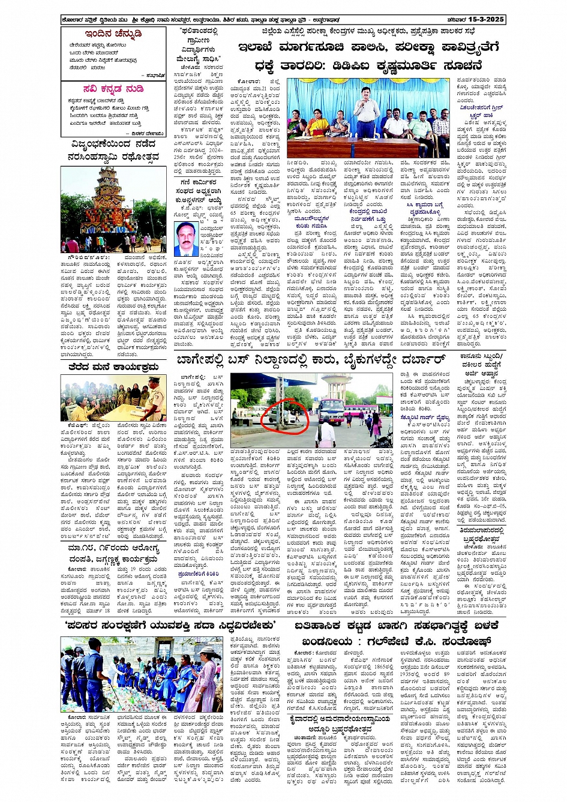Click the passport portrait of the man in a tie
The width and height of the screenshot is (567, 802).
(x=187, y=239)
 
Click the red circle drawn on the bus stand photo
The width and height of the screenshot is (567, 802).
(x=286, y=414)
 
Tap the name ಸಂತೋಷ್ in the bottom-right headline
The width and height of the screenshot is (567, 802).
(x=474, y=641)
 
